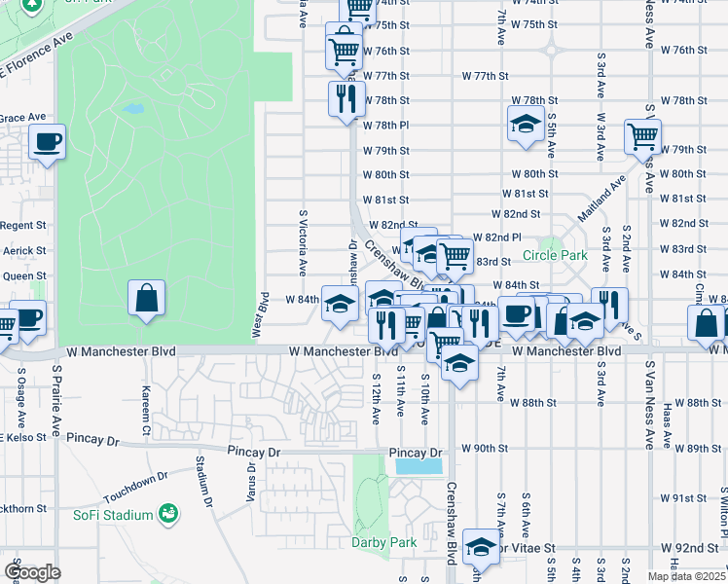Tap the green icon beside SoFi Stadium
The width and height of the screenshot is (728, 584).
point(167,512)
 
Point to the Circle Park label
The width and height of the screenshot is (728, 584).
point(555,256)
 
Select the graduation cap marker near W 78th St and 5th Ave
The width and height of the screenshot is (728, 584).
point(526,124)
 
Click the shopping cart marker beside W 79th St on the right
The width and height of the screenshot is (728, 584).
point(642,137)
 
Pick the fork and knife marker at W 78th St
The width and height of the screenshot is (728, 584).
point(346,98)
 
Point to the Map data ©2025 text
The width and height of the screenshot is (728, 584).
point(685,576)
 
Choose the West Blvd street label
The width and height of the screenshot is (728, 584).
point(260,314)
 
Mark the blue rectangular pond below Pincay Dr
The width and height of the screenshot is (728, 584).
point(419,467)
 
